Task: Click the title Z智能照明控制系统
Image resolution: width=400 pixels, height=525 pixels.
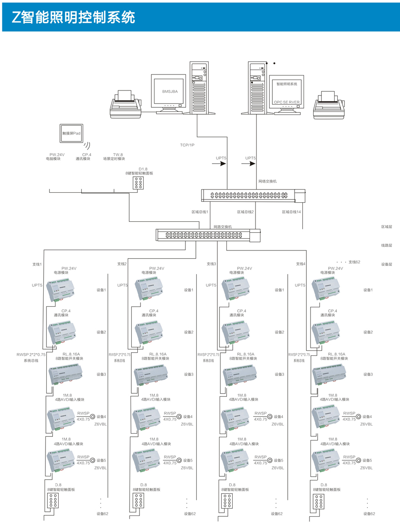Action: pyautogui.click(x=74, y=17)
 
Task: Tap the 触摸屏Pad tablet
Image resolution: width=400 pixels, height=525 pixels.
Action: pyautogui.click(x=71, y=133)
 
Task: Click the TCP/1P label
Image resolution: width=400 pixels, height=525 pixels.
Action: pyautogui.click(x=187, y=145)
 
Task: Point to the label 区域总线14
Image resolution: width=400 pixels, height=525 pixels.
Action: pyautogui.click(x=291, y=212)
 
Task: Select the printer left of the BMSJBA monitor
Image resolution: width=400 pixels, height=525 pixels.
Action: pyautogui.click(x=127, y=105)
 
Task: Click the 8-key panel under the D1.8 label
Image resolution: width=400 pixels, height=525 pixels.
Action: pyautogui.click(x=139, y=183)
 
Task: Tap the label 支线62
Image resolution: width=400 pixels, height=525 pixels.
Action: pyautogui.click(x=354, y=262)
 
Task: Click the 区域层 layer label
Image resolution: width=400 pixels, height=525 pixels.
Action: pyautogui.click(x=386, y=226)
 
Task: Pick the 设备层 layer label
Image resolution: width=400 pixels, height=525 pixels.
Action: pyautogui.click(x=386, y=264)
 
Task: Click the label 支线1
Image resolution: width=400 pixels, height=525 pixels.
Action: pyautogui.click(x=37, y=264)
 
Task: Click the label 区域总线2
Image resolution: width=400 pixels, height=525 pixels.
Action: pyautogui.click(x=245, y=212)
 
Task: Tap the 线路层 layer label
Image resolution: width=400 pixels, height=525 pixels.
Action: pyautogui.click(x=386, y=245)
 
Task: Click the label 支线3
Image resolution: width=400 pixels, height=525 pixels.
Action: pyautogui.click(x=211, y=264)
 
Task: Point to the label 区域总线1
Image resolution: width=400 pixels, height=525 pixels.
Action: pyautogui.click(x=200, y=212)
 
